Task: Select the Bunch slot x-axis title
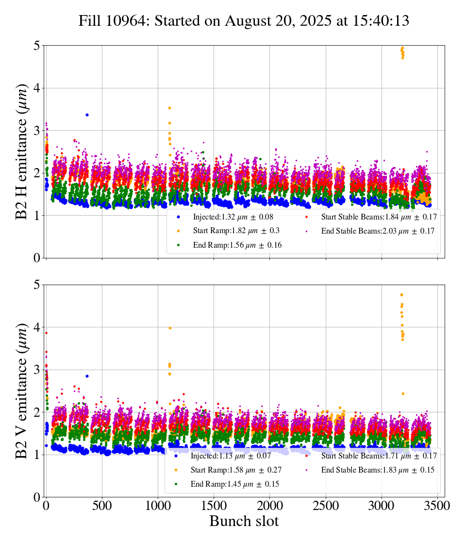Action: [x=244, y=521]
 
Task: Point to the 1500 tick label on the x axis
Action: [x=214, y=505]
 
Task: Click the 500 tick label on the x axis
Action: [x=102, y=505]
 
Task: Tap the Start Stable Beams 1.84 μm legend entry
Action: [x=372, y=217]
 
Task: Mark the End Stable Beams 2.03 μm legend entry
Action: [x=371, y=231]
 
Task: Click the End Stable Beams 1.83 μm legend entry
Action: [x=371, y=470]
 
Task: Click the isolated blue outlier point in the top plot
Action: [x=87, y=115]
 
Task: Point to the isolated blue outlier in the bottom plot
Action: [x=87, y=376]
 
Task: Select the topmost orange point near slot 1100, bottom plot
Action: [x=170, y=328]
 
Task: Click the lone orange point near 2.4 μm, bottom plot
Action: [x=403, y=393]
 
